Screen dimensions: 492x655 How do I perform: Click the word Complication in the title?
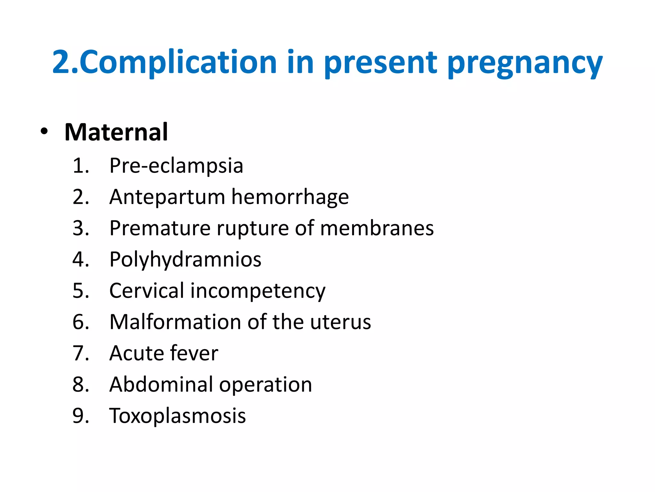click(178, 62)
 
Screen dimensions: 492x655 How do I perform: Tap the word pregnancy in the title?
click(525, 63)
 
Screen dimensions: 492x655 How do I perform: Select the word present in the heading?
click(380, 63)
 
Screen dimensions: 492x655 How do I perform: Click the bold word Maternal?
click(116, 132)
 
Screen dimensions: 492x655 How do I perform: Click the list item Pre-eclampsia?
click(176, 166)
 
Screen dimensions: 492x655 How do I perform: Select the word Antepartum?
click(167, 197)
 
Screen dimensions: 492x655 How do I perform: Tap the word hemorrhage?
click(290, 197)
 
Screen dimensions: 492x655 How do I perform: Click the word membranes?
click(377, 228)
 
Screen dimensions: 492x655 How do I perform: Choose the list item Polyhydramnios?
click(185, 259)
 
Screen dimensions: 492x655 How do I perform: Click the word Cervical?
click(147, 291)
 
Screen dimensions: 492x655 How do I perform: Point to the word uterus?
click(340, 322)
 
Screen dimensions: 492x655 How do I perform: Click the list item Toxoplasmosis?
click(178, 416)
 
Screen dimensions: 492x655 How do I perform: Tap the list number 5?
click(81, 291)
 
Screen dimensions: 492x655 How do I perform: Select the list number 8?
click(81, 384)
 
